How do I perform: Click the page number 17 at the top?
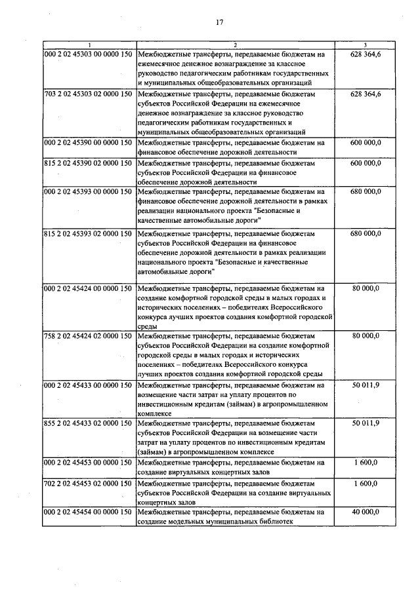pos(219,22)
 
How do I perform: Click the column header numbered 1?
pos(89,45)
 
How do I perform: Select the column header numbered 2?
pos(234,45)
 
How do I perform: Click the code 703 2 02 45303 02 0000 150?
pos(89,95)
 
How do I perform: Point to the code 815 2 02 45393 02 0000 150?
pos(89,234)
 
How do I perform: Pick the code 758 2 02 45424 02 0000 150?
pos(89,336)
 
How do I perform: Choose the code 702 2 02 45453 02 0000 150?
pos(89,484)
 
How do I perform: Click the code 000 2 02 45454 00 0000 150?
pos(89,512)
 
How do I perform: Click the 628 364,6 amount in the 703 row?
pos(366,95)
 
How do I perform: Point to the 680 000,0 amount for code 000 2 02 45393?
pos(366,191)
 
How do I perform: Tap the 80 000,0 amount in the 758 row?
pos(366,336)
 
